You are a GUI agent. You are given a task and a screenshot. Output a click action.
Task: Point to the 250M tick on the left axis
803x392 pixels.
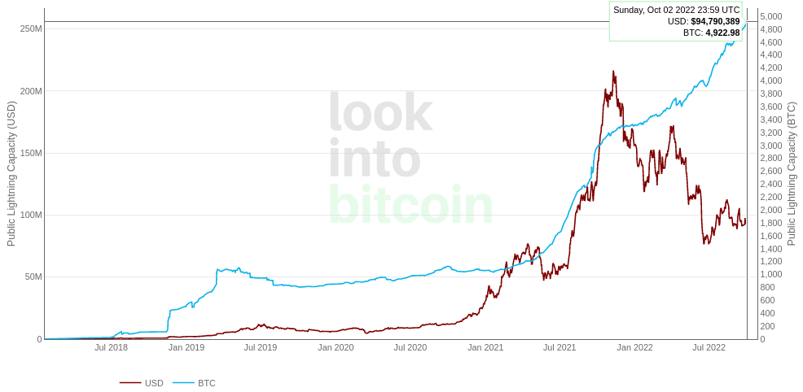[31, 28]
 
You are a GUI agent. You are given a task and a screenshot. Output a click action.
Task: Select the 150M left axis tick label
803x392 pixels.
[31, 153]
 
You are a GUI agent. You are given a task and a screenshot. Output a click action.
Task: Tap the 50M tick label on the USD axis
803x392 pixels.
[33, 277]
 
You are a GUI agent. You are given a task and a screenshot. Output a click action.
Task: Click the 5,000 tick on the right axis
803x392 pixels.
[770, 16]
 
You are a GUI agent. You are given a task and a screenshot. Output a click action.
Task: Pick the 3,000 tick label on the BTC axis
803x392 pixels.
[770, 146]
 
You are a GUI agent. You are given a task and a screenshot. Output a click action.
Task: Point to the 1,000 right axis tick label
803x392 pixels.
[770, 274]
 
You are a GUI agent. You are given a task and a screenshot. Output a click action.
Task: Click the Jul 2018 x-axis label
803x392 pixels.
[111, 347]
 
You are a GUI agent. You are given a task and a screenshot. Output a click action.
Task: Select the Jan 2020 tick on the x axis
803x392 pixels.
[336, 347]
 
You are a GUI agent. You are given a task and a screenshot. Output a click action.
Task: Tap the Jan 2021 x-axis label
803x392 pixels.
[485, 347]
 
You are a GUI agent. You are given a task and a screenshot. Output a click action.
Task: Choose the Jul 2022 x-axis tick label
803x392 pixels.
[709, 347]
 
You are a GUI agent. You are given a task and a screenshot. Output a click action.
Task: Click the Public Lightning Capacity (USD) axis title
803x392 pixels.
[11, 173]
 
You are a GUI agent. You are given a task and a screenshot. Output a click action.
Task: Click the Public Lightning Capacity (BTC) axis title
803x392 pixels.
[792, 173]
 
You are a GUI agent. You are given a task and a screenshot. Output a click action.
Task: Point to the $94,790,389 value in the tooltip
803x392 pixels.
[715, 21]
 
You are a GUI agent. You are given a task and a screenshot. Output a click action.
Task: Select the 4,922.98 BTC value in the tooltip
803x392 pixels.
[722, 33]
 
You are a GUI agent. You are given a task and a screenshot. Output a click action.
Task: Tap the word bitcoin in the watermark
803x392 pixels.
[410, 205]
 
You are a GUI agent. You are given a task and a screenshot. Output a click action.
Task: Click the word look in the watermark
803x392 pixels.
[380, 112]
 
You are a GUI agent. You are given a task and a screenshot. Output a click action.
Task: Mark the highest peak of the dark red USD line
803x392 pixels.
[613, 72]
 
